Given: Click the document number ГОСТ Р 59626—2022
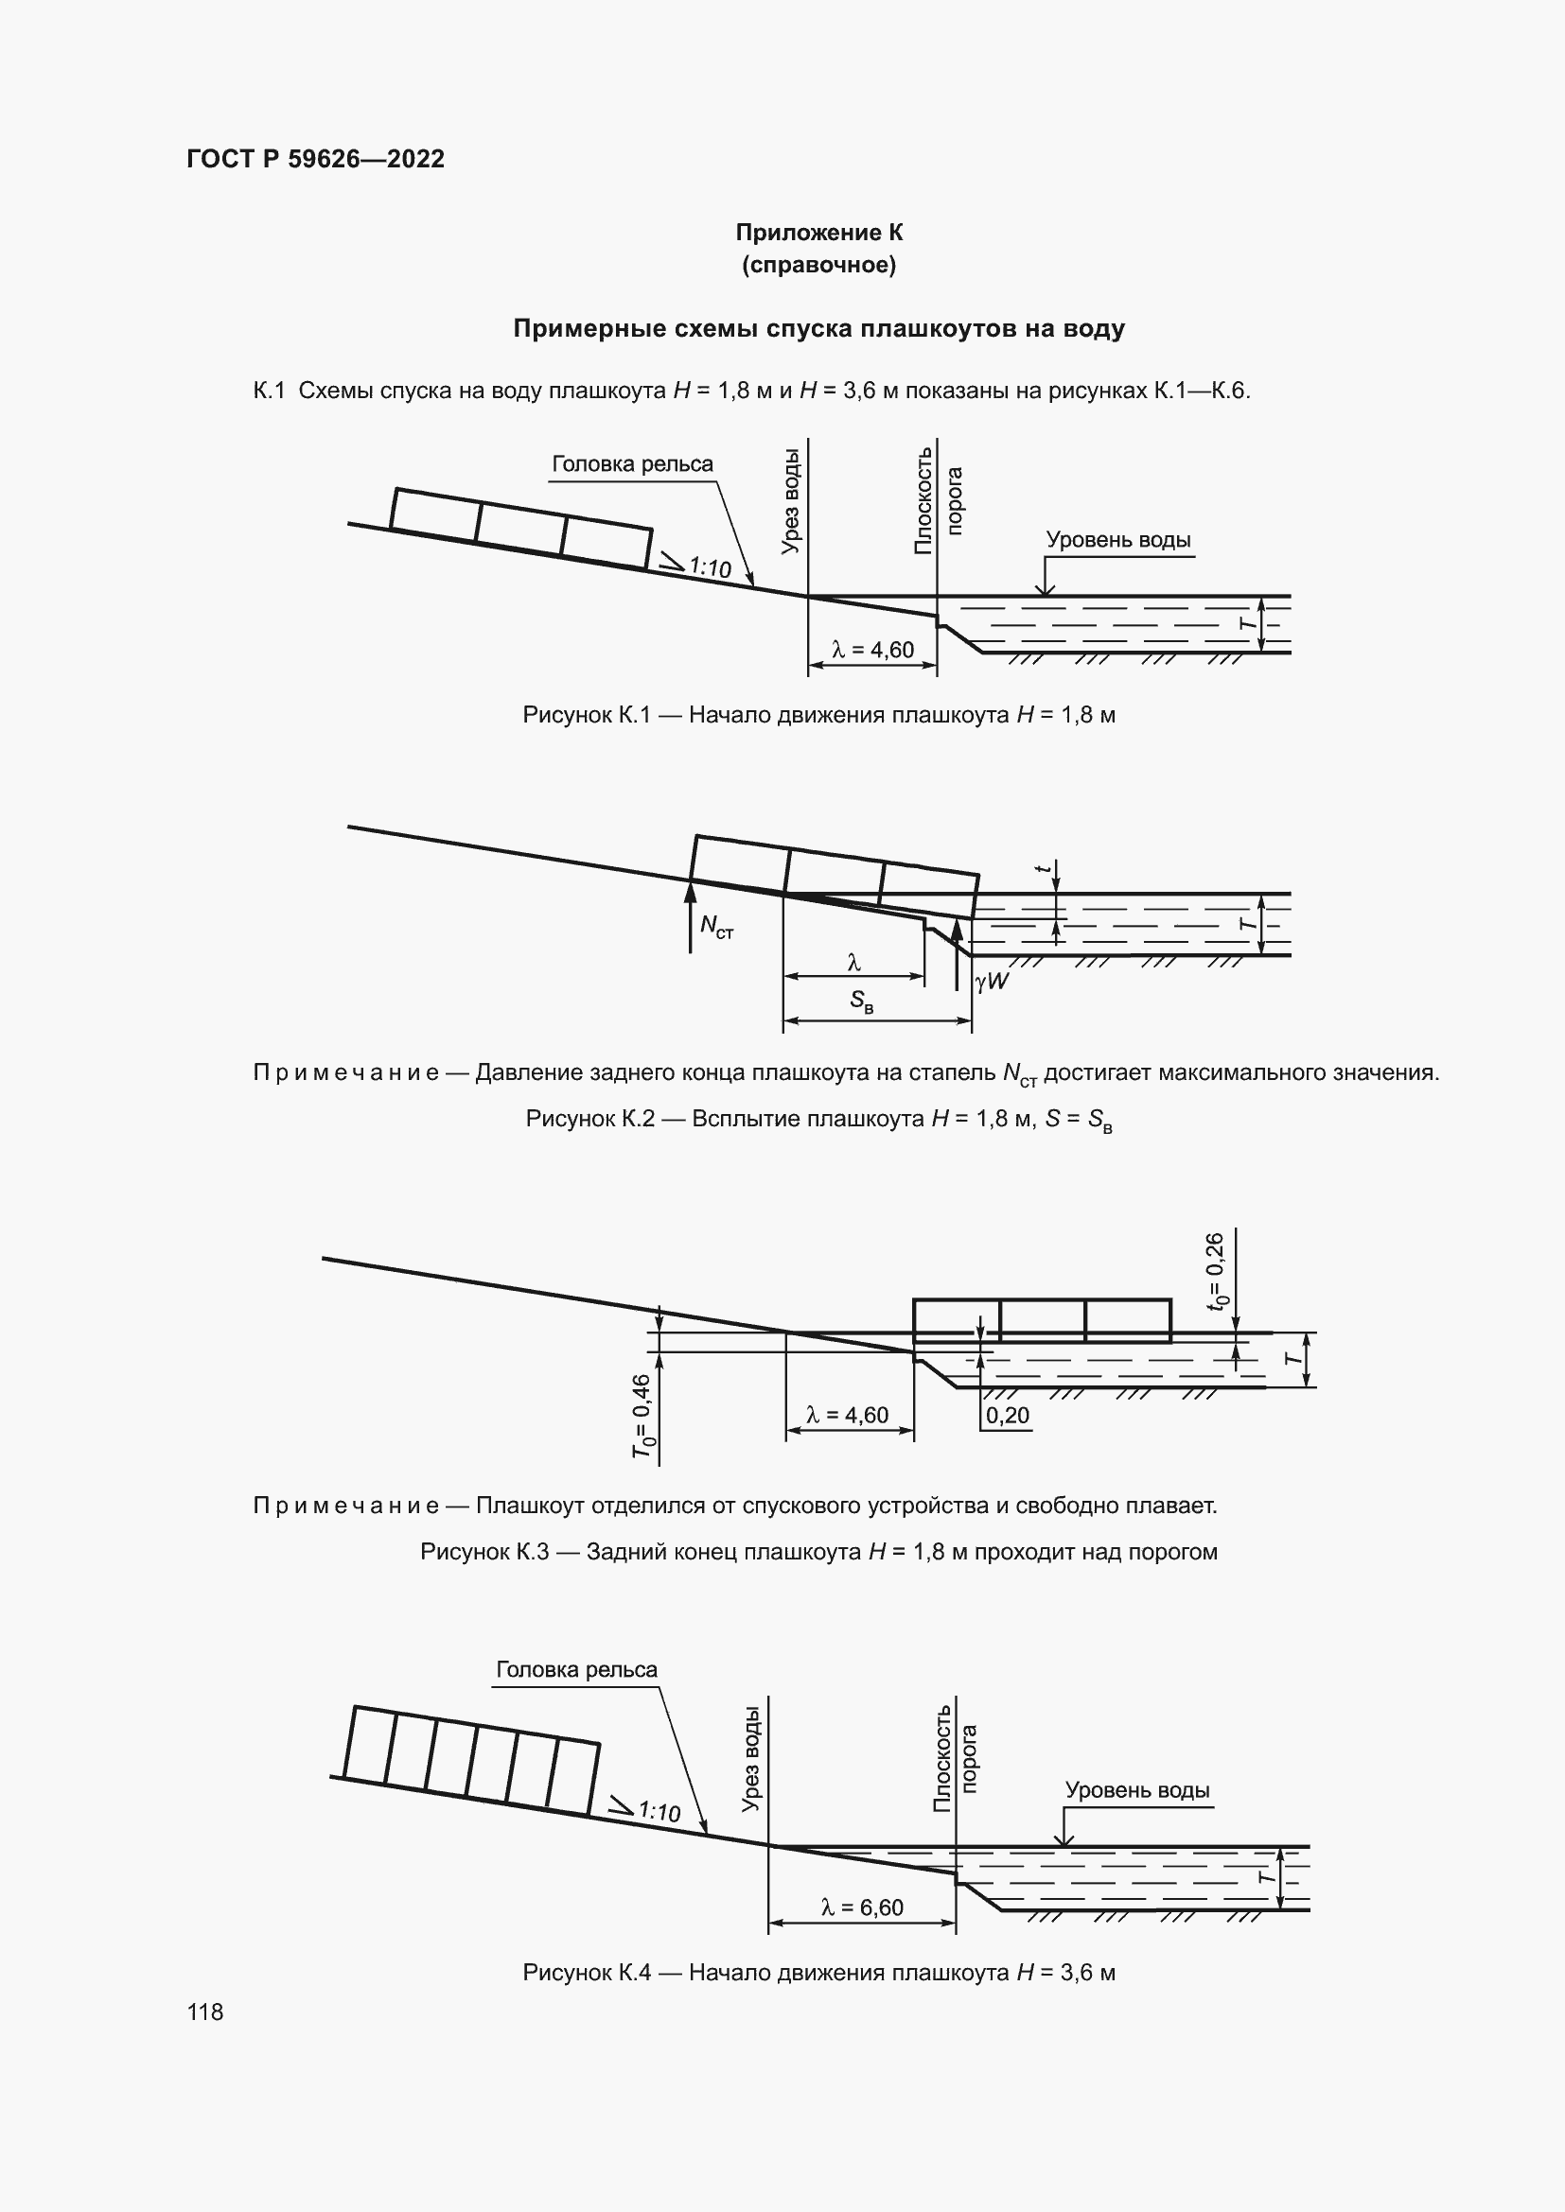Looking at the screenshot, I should tap(315, 159).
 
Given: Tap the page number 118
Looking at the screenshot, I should tap(205, 2012).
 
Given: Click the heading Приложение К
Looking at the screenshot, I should tap(818, 233).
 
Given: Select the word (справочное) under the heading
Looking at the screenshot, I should tap(818, 265).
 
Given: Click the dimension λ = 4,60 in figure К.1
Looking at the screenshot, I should tap(872, 651).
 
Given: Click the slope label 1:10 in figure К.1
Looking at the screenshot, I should tap(710, 567).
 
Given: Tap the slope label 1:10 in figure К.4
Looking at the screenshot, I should tap(659, 1812).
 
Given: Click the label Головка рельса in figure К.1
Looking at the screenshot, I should tap(632, 464).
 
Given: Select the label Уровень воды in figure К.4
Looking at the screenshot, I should tap(1136, 1790).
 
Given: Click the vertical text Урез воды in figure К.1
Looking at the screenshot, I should tap(790, 501).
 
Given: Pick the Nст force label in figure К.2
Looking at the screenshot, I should tap(716, 927).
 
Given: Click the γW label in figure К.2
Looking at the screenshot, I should tap(992, 982).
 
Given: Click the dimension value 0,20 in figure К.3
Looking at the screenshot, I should tap(1007, 1416).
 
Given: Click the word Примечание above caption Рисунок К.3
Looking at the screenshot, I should tap(346, 1505).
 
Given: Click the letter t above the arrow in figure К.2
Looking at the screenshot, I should tap(1042, 868).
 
